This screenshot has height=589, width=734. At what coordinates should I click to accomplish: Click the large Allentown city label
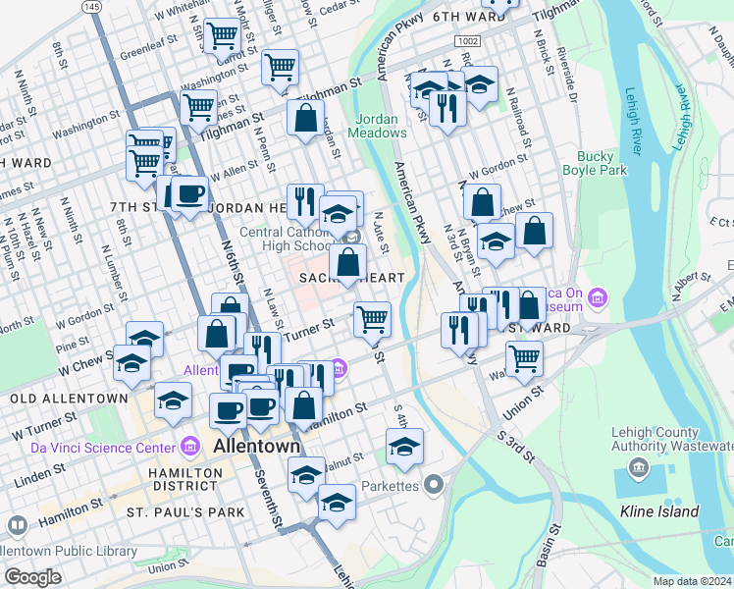coord(256,447)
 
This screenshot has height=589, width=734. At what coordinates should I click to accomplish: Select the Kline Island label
coord(659,511)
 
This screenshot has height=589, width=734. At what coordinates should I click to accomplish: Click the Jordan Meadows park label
coord(377,126)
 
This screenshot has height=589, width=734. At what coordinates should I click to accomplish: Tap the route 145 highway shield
coord(92,7)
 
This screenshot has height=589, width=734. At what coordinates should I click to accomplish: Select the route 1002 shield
coord(467,39)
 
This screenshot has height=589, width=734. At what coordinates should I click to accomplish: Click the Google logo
coord(33,576)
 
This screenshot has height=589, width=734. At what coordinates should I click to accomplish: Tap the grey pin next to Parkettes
coord(434,486)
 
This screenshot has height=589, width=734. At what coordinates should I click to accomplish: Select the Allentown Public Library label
coord(69,552)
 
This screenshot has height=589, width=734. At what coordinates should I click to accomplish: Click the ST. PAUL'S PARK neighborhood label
coord(185,512)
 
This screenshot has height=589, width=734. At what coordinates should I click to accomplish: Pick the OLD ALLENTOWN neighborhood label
coord(69,399)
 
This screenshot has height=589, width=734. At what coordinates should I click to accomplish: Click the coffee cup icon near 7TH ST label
coord(188,192)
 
